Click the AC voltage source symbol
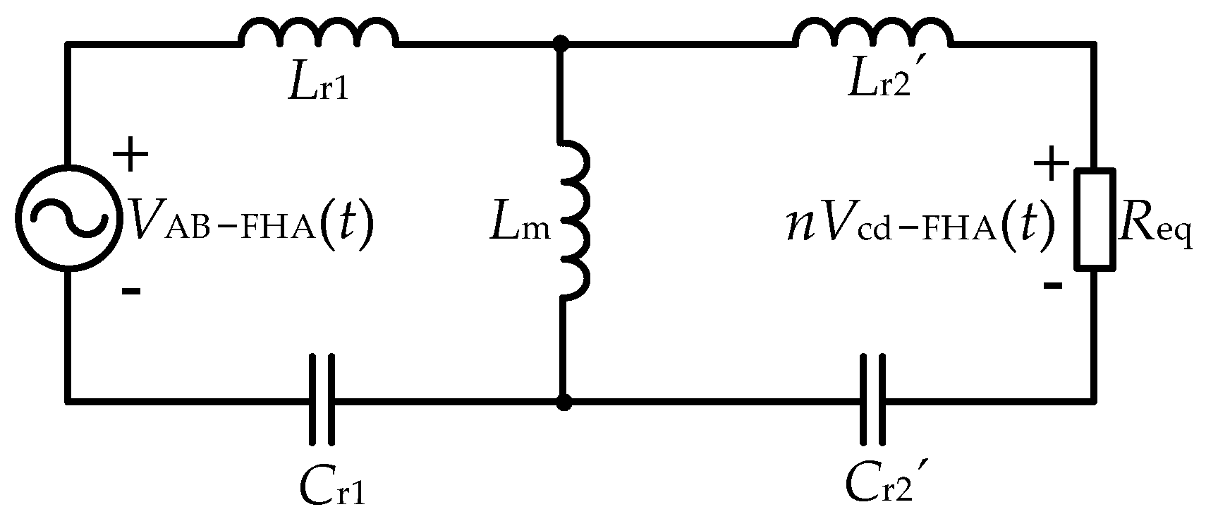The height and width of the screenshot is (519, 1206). pos(66,218)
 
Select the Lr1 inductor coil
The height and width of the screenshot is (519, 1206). pos(319,34)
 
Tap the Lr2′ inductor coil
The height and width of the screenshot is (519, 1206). pos(873,34)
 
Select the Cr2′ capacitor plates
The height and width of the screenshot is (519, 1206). pos(872,400)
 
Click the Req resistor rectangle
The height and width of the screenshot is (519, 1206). pos(1095,219)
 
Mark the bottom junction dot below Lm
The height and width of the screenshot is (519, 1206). pos(563,403)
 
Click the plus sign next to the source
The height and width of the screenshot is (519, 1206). pos(133,157)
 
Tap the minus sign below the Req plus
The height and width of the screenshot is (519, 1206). pos(1051,286)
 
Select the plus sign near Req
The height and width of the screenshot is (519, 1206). pos(1051,165)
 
